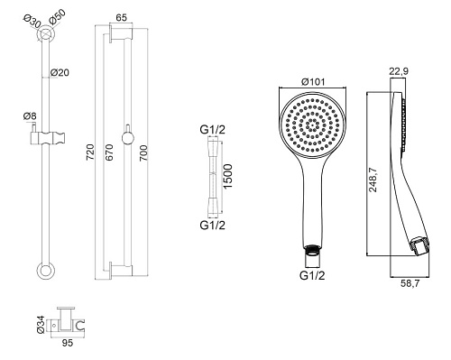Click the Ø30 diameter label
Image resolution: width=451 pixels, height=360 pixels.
(32, 22)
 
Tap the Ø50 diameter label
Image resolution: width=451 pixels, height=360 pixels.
(57, 17)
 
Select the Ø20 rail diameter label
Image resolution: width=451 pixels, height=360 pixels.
(60, 72)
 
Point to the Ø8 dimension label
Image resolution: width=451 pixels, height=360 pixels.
(30, 116)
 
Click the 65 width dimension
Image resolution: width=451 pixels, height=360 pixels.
(121, 18)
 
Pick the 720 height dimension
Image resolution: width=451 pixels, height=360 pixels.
(90, 152)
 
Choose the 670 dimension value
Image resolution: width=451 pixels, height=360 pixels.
(109, 152)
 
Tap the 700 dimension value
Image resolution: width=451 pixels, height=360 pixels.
(143, 152)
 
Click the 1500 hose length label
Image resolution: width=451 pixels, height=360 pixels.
(228, 177)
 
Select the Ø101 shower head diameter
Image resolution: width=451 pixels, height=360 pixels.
(313, 81)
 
